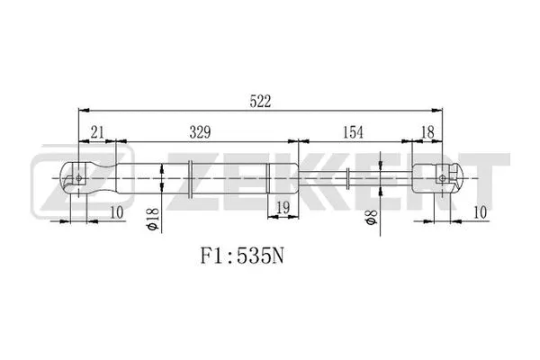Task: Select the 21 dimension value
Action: [98, 132]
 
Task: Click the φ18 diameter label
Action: [153, 221]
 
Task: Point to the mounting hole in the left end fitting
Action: [80, 177]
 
